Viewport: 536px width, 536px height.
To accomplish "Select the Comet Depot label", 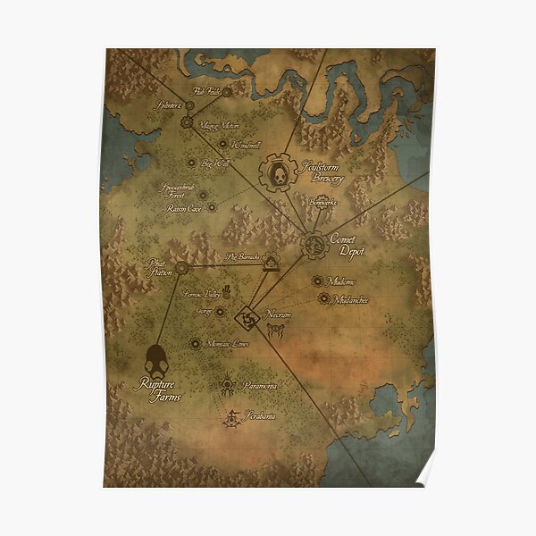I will (346, 246).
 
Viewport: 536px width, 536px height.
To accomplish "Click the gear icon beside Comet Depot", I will (314, 244).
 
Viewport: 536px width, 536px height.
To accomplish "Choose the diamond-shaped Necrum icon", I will (247, 318).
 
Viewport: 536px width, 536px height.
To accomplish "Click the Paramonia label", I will (258, 385).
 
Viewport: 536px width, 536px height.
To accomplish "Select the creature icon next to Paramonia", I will (229, 386).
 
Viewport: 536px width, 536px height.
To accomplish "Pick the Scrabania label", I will (259, 416).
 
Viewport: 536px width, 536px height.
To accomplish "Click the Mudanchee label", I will (350, 299).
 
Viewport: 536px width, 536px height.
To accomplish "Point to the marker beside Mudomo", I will (317, 281).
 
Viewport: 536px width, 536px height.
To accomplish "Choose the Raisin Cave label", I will (184, 208).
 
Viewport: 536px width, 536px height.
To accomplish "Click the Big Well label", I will (214, 163).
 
